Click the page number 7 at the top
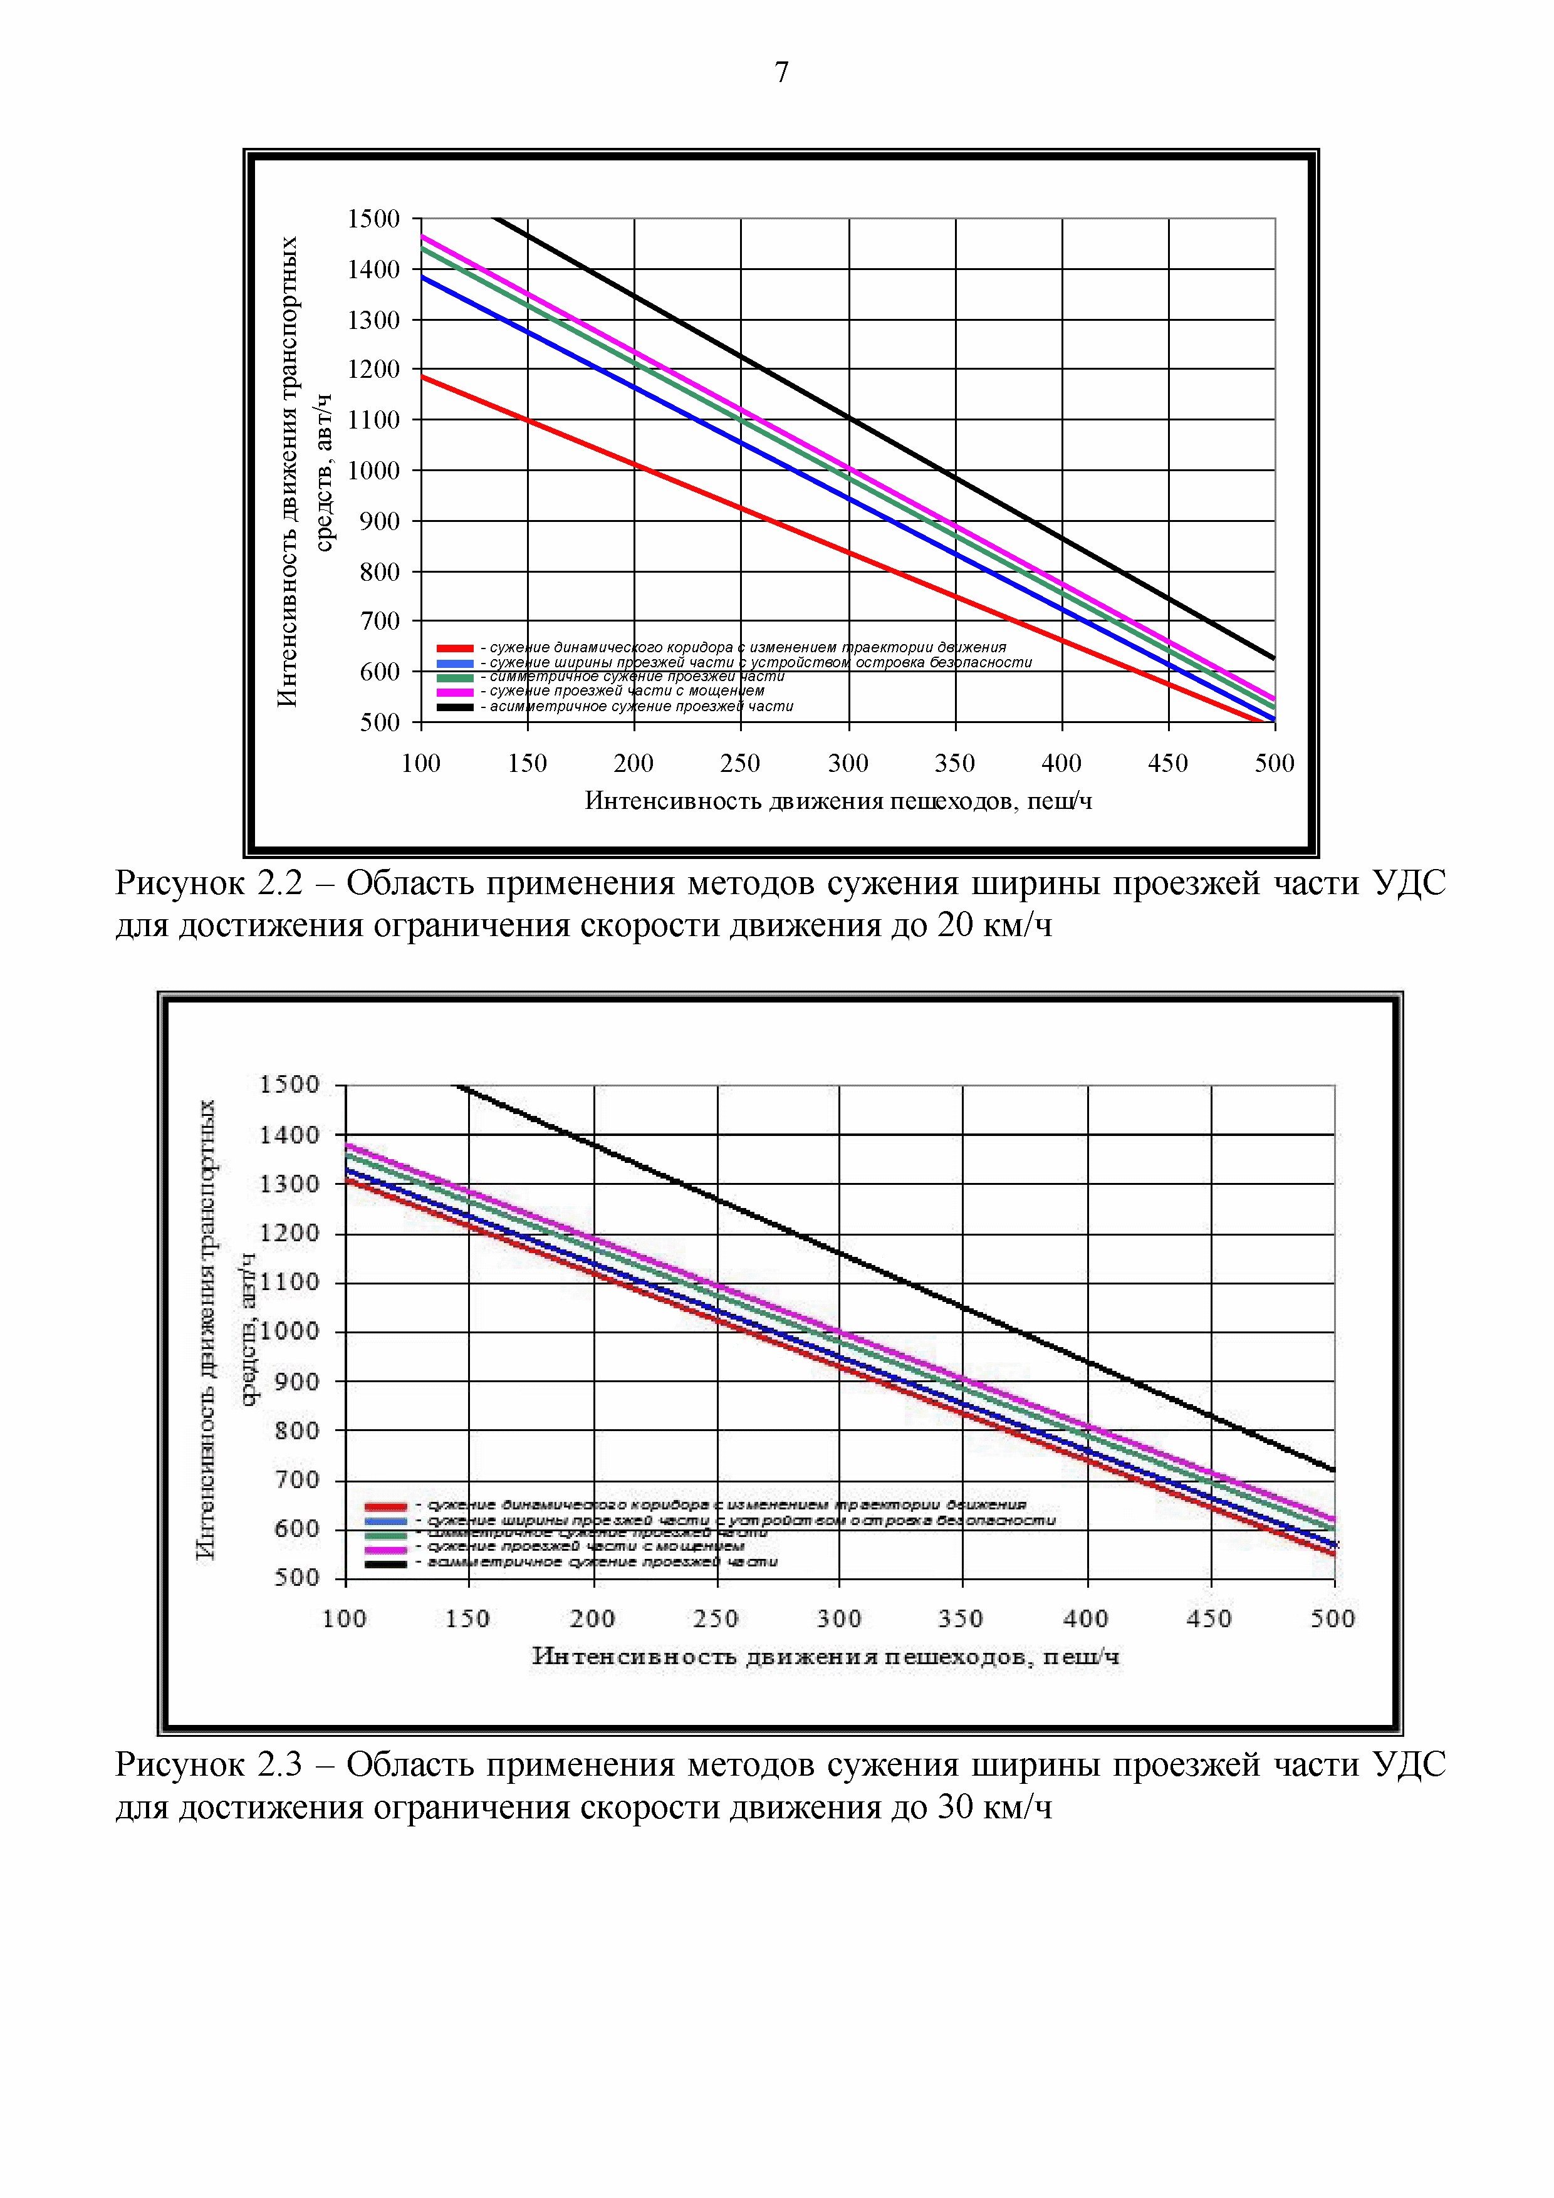click(781, 73)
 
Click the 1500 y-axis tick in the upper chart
click(373, 219)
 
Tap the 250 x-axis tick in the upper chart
click(740, 763)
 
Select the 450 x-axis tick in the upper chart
click(1167, 763)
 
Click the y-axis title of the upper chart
click(305, 471)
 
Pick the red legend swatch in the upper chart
click(455, 648)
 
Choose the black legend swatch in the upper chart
click(455, 707)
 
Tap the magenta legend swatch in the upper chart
click(455, 691)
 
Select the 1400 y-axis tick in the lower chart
click(289, 1135)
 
